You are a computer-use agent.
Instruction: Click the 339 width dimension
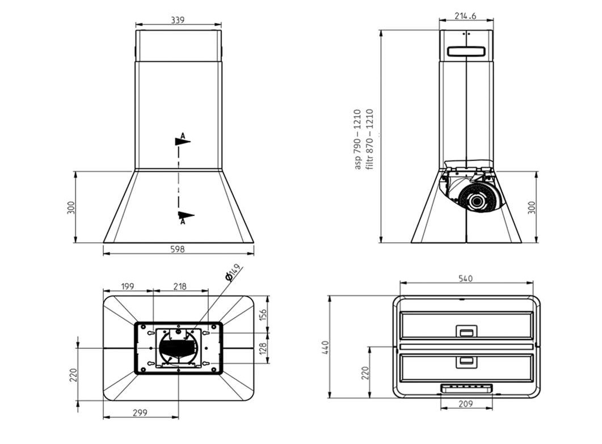(178, 20)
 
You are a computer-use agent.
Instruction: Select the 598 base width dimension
(178, 249)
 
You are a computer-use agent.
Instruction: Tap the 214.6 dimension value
(465, 16)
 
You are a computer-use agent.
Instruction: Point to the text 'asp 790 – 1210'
(357, 139)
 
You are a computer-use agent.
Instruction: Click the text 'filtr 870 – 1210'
(369, 139)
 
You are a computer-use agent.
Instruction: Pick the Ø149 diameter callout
(233, 272)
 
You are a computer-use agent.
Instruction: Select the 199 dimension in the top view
(128, 286)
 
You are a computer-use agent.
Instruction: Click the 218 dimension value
(180, 286)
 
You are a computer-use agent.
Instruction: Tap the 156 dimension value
(263, 315)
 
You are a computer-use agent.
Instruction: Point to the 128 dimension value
(263, 348)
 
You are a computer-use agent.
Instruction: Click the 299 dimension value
(140, 413)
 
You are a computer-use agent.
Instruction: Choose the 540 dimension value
(465, 278)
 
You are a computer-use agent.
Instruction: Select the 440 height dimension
(326, 347)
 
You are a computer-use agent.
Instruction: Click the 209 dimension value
(466, 404)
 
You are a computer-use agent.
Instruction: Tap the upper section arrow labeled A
(182, 140)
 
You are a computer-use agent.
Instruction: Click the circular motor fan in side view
(478, 200)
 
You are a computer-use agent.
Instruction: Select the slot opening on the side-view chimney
(466, 51)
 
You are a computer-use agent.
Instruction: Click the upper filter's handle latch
(466, 331)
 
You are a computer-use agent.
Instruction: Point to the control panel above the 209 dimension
(466, 388)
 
